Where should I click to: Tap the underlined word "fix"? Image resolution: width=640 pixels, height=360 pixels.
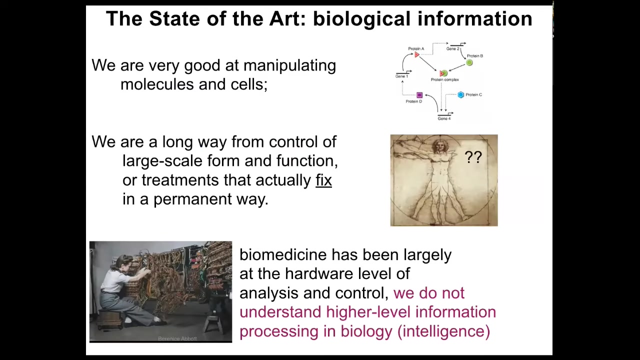[x=323, y=180]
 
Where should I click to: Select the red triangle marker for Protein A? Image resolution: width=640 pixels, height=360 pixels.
[x=417, y=54]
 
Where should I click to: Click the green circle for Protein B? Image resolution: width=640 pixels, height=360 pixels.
[x=469, y=62]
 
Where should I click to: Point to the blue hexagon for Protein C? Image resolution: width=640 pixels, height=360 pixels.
[x=461, y=95]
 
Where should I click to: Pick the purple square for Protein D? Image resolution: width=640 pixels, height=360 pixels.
[x=419, y=95]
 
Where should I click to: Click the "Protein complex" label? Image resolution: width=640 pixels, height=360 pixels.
[x=445, y=79]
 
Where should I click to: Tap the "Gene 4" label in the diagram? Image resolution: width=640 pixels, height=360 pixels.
[x=444, y=118]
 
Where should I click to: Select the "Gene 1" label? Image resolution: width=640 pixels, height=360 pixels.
[x=401, y=76]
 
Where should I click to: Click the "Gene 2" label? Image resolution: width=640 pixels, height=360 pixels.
[x=453, y=49]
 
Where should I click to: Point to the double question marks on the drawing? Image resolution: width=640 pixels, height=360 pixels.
[x=473, y=157]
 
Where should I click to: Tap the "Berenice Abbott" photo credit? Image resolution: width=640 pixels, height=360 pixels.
[x=177, y=338]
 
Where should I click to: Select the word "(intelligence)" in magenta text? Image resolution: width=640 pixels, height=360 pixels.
[x=443, y=331]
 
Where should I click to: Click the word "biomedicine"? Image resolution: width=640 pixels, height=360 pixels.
[x=283, y=254]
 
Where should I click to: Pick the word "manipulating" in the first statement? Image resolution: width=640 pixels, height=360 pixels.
[x=289, y=65]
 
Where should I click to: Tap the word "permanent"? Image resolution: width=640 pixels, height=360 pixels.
[x=192, y=199]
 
